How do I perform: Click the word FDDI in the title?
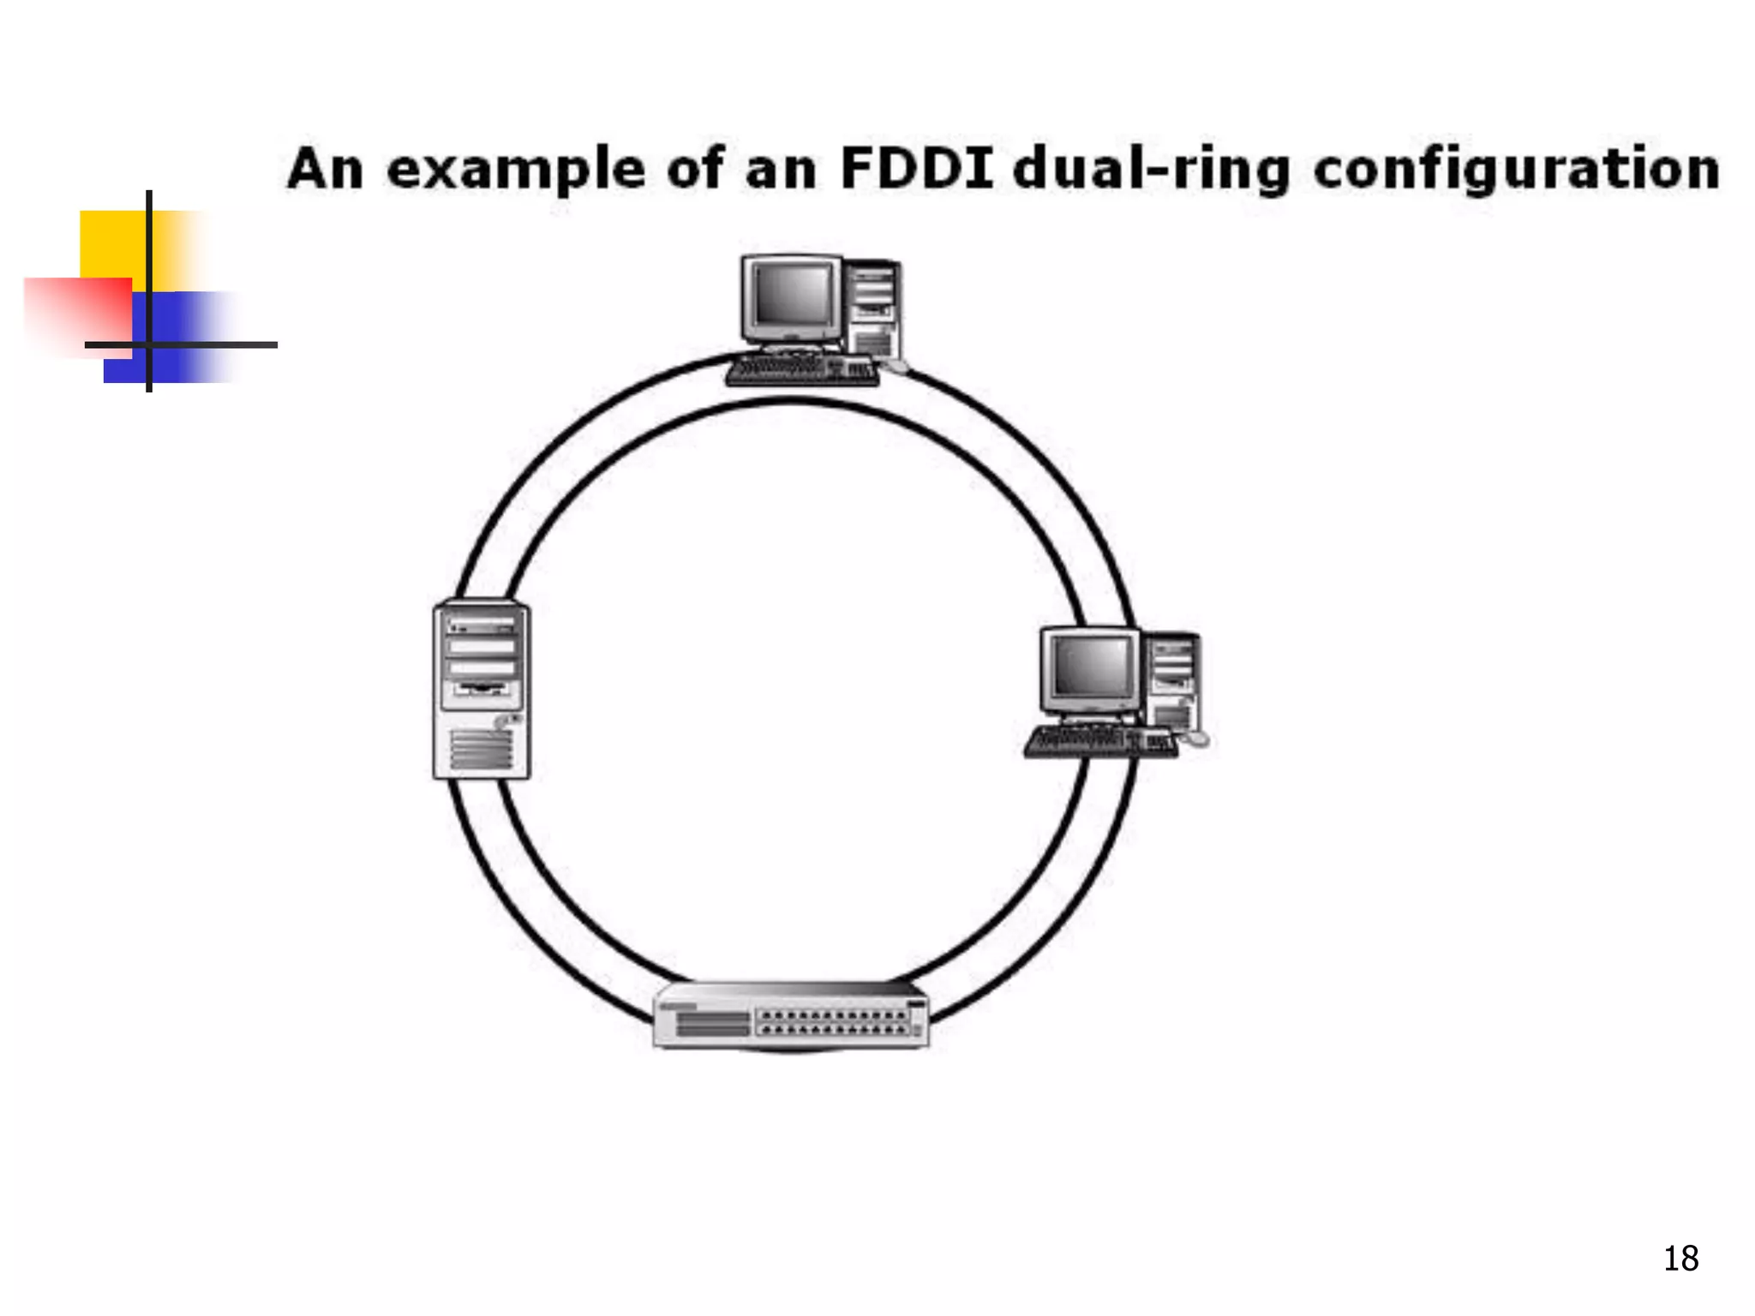[916, 169]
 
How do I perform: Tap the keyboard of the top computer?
[801, 372]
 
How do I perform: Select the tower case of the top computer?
[873, 308]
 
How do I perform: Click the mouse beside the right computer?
[1195, 738]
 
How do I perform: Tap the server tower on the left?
[481, 691]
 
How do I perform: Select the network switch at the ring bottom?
[790, 1016]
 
